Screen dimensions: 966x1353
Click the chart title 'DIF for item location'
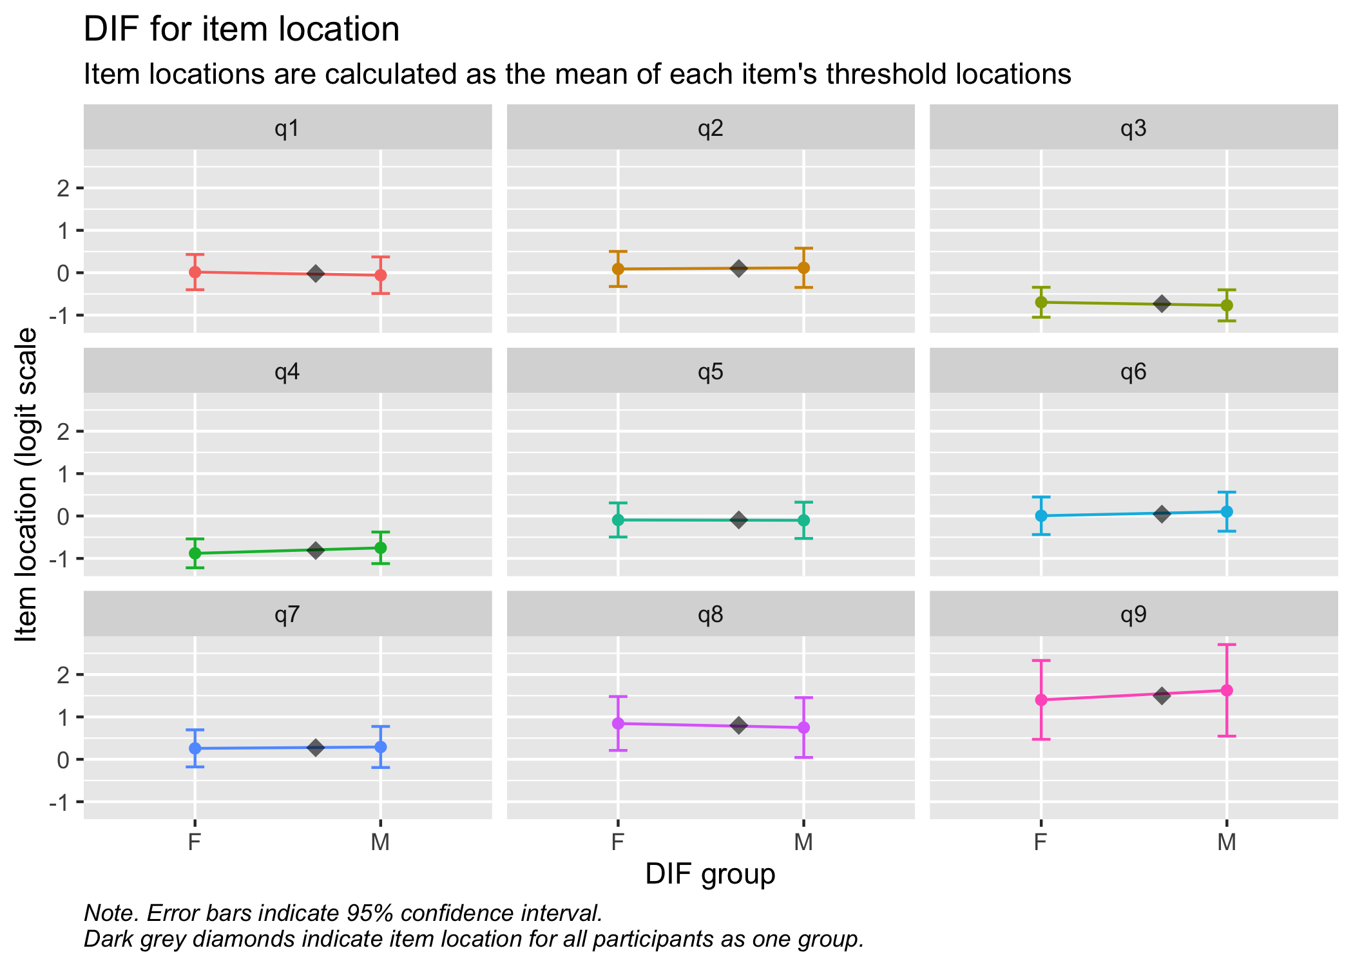(x=242, y=30)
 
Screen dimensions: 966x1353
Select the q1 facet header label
(x=287, y=129)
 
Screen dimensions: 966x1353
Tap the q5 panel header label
(x=711, y=372)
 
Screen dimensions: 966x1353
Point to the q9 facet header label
(x=1133, y=615)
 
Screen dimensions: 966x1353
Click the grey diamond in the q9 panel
(x=1162, y=696)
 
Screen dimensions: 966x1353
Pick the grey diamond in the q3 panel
(x=1162, y=303)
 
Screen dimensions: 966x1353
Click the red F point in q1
(x=195, y=272)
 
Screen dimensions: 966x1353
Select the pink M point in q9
(x=1227, y=690)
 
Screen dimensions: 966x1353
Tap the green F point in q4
(x=195, y=553)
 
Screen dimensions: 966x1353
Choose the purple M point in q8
(x=803, y=728)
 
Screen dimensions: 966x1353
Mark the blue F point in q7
(x=195, y=748)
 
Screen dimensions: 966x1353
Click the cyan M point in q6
(x=1227, y=511)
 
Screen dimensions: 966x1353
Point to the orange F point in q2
(x=618, y=269)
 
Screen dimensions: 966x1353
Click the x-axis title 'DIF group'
(x=710, y=875)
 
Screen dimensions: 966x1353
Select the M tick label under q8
(x=803, y=842)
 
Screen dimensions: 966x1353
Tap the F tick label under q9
(x=1041, y=842)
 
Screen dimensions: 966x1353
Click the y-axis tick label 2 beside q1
(x=63, y=188)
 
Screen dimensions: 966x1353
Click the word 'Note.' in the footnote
(x=111, y=913)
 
